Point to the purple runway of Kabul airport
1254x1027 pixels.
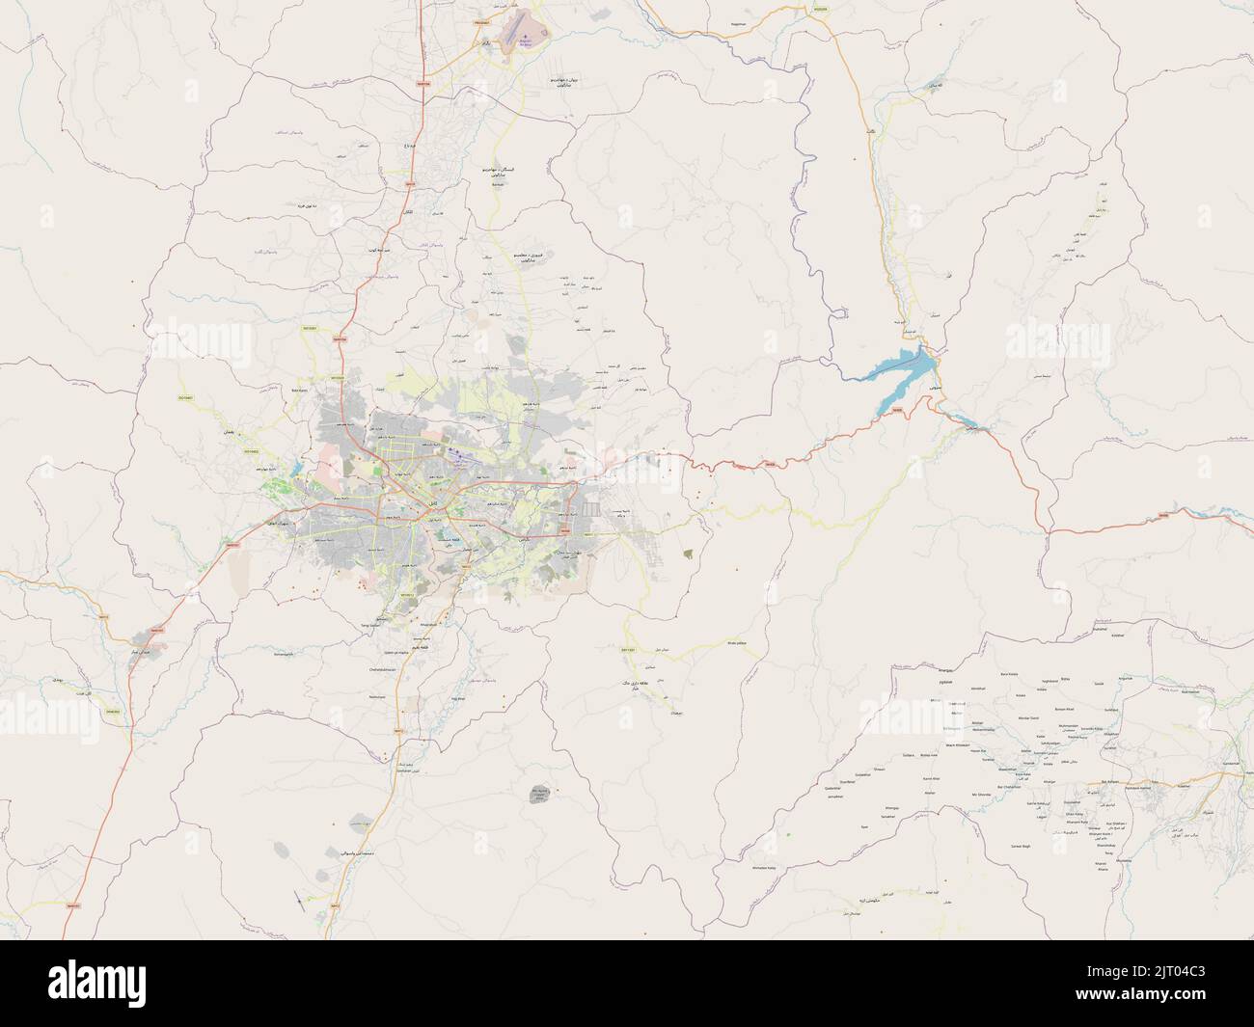tap(463, 463)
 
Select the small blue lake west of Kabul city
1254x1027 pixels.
tap(296, 470)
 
